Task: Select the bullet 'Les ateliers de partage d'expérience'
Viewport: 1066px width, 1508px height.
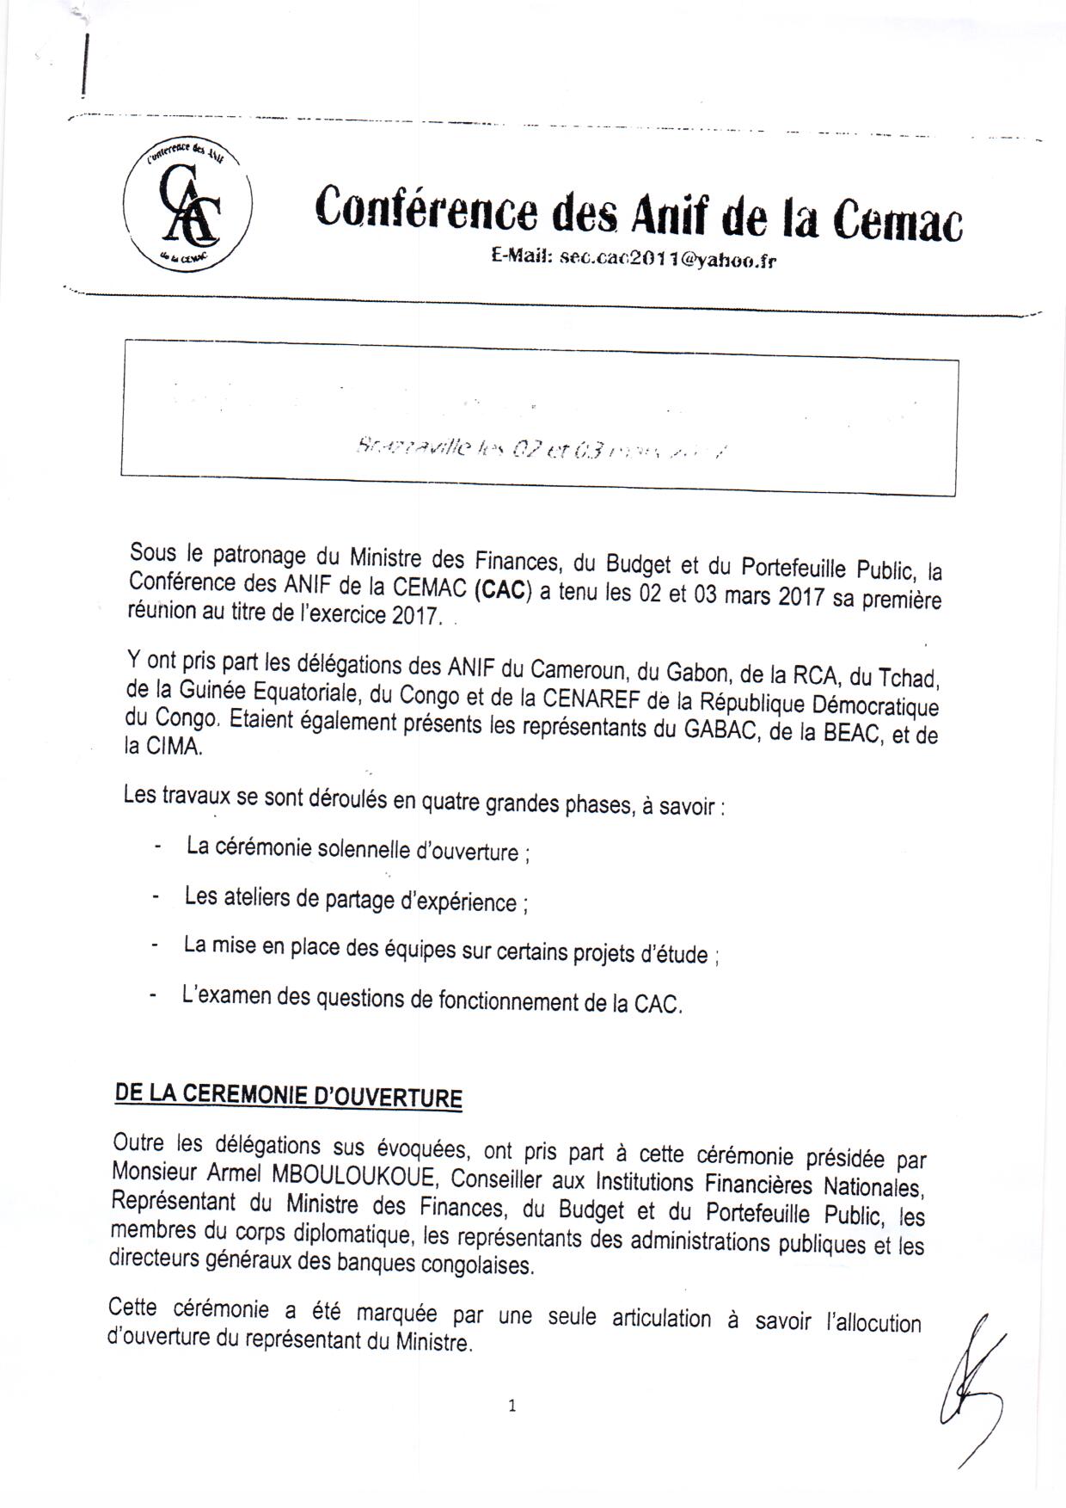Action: click(351, 900)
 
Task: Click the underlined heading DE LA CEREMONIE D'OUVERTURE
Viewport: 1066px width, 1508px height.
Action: click(289, 1097)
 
